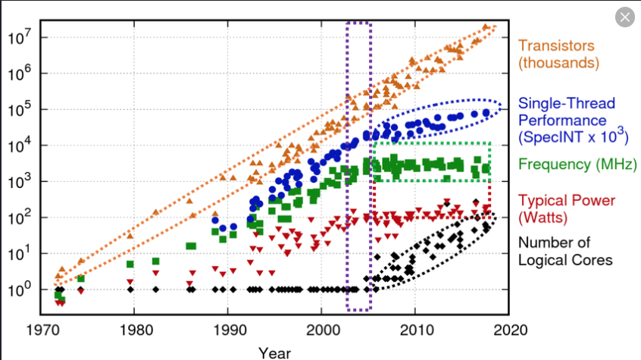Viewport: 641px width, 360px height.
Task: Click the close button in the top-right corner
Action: click(625, 17)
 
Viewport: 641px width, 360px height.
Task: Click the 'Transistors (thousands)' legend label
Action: click(555, 53)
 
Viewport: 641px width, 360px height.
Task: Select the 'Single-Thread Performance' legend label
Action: click(567, 120)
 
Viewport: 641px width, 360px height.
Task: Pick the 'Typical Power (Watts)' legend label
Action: click(567, 208)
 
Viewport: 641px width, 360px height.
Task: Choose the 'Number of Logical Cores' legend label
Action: click(565, 251)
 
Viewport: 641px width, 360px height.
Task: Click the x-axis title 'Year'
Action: click(274, 352)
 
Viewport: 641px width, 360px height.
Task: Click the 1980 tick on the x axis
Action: click(136, 330)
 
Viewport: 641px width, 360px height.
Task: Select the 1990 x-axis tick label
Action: click(228, 330)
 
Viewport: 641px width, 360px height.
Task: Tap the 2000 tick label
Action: click(320, 330)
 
